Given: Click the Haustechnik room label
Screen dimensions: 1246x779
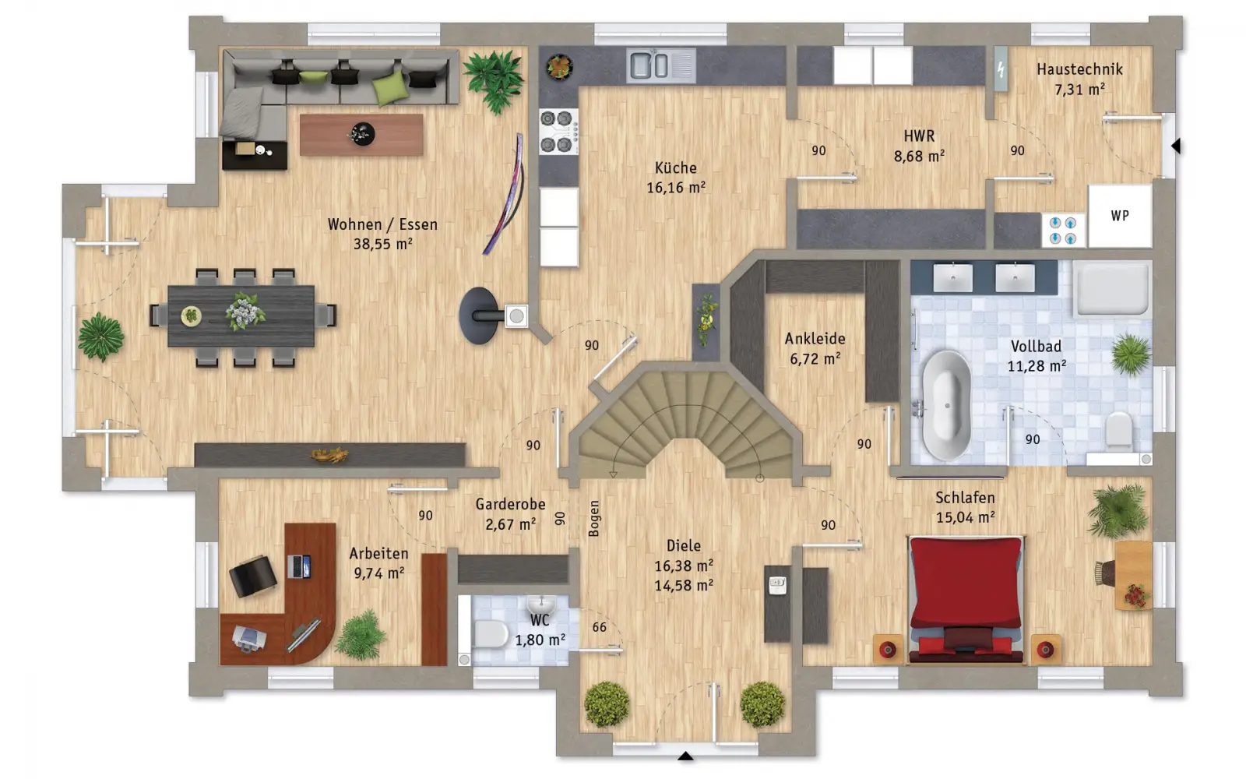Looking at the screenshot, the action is pos(1079,69).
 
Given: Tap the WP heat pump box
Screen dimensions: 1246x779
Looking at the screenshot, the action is pos(1120,216).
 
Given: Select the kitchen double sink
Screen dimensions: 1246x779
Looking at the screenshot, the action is pos(661,65).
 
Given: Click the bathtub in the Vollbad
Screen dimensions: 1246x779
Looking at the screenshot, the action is pos(946,405).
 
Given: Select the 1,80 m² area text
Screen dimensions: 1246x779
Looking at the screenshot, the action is pos(540,640).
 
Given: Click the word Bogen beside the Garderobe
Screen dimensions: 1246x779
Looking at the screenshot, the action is pos(594,519).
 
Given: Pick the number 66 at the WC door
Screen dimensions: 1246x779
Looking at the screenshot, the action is pos(599,627).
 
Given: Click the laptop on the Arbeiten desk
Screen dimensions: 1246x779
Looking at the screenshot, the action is pos(299,566).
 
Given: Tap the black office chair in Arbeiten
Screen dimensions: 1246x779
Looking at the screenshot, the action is pos(252,576).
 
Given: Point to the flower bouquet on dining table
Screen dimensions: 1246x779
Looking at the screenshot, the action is pos(245,312).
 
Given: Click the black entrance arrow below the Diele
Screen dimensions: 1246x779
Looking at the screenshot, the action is pos(685,756).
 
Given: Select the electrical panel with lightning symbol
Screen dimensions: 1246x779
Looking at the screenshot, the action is pos(1001,69).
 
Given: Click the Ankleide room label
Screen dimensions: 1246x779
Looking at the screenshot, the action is pos(815,339).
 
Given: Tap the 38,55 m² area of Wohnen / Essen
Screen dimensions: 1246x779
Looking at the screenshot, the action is pos(382,245).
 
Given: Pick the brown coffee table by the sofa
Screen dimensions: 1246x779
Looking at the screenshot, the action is pos(361,135).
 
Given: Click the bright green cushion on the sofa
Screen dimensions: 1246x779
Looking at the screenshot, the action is pos(390,88).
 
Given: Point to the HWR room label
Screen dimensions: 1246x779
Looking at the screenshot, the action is pos(919,136).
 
